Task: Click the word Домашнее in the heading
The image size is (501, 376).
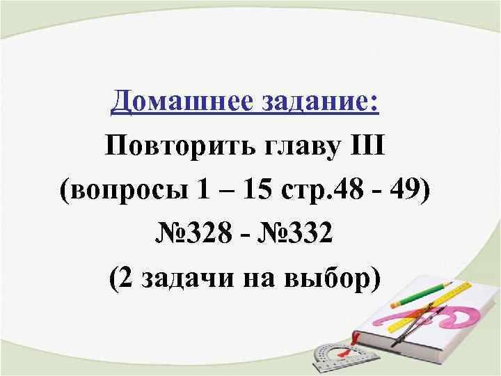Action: coord(164,103)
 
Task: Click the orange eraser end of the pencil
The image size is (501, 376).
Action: coord(395,304)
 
